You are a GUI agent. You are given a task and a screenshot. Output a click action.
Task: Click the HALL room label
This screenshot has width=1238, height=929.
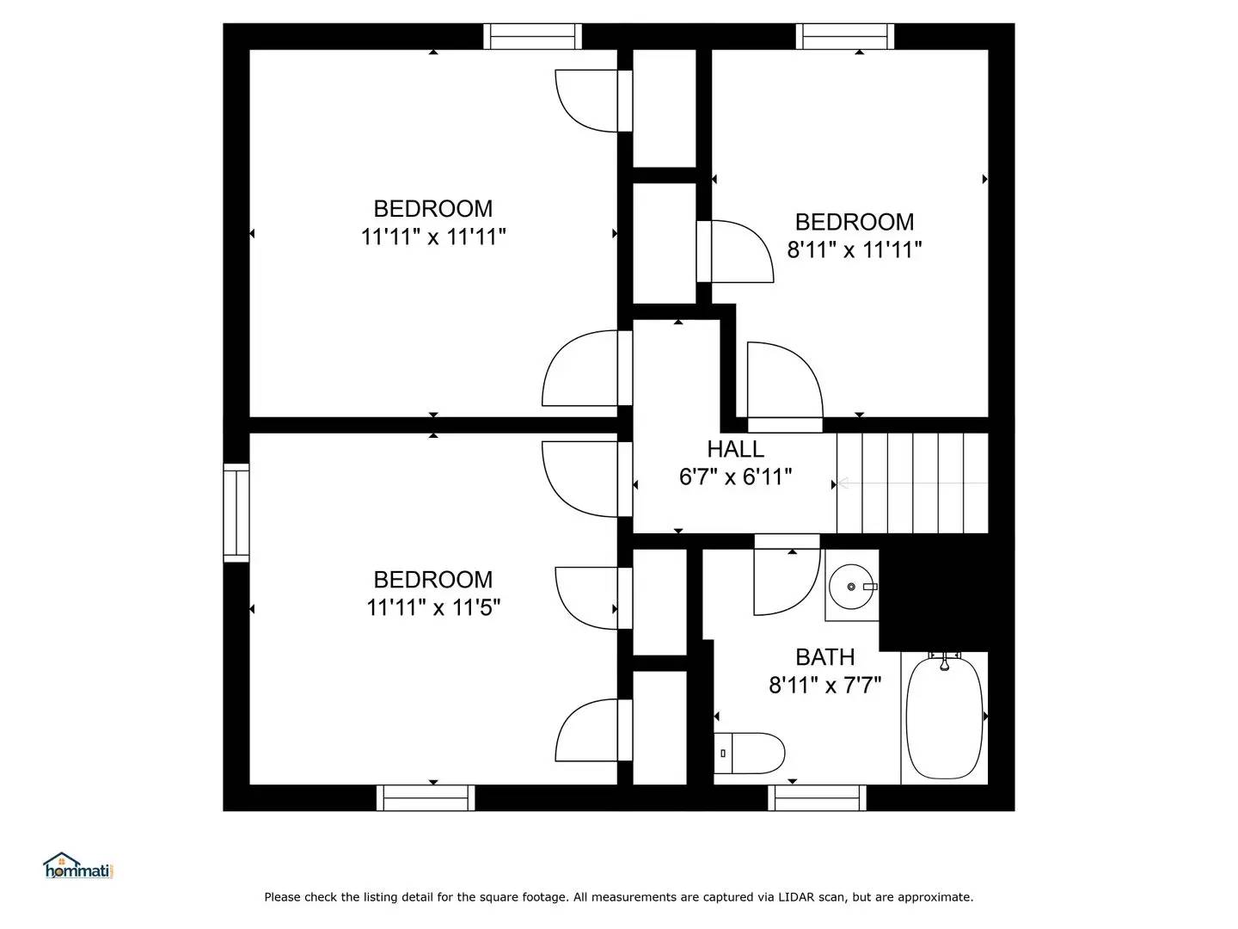point(735,449)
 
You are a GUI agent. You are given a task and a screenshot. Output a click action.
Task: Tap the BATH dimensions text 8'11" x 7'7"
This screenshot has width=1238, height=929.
point(824,686)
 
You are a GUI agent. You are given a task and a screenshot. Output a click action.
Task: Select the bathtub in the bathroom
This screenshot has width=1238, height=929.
point(944,718)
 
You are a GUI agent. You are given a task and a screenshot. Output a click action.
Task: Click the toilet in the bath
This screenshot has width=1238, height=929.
point(750,754)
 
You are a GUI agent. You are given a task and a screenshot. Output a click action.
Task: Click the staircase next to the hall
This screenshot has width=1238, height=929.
point(912,483)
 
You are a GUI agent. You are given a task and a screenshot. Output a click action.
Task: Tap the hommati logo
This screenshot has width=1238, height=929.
point(78,867)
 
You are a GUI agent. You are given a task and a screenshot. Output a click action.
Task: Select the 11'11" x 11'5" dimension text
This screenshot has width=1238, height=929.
point(433,607)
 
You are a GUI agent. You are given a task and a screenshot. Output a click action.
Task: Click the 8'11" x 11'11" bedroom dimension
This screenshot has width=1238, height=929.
point(855,250)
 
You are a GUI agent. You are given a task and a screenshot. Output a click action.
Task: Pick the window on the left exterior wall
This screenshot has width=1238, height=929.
point(236,513)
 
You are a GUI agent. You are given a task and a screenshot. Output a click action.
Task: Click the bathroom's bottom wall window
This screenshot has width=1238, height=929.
point(817,797)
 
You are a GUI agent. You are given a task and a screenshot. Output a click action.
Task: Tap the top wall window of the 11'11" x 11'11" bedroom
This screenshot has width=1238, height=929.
point(533,36)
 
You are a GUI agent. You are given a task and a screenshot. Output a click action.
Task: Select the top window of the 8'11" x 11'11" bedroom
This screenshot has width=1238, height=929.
point(845,36)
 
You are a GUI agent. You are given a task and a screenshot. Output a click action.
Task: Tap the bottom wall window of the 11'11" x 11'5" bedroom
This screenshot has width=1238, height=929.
point(426,797)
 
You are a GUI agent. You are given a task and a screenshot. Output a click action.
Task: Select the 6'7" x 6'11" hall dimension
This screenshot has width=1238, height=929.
point(735,477)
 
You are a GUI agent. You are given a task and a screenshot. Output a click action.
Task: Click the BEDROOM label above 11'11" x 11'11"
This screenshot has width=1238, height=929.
point(432,209)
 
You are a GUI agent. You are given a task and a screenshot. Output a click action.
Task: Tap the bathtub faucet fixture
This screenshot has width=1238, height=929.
point(944,661)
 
